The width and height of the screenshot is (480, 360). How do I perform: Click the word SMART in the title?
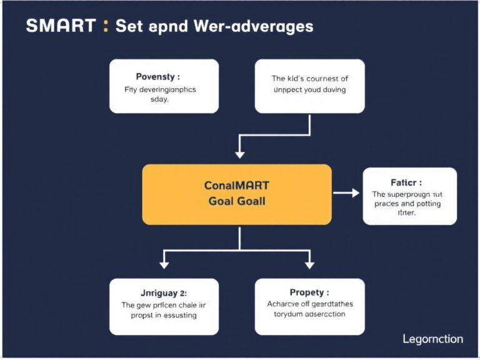click(61, 26)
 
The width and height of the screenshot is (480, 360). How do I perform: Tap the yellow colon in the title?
click(106, 26)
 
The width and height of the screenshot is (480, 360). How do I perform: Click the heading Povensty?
click(157, 77)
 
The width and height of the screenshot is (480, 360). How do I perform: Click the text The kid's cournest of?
click(309, 79)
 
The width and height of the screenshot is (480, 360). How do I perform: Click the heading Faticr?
click(406, 183)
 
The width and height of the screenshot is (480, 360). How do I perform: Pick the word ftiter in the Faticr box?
click(407, 212)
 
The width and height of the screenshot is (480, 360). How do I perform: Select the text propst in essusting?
click(164, 315)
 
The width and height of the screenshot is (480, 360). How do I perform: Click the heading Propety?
click(310, 292)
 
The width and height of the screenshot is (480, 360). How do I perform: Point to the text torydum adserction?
click(309, 314)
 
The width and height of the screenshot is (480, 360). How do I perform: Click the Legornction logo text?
click(433, 339)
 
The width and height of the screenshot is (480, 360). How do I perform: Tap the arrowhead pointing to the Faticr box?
click(356, 194)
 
